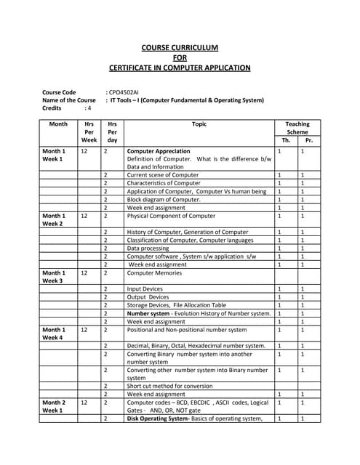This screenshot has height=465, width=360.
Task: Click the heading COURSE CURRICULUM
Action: click(180, 47)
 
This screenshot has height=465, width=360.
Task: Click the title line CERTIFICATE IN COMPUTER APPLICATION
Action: click(180, 68)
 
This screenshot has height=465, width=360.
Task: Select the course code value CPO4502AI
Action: click(124, 92)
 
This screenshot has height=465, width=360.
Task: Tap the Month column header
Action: click(58, 124)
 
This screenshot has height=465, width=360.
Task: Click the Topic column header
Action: click(199, 124)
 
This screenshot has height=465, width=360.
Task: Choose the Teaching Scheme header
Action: click(297, 129)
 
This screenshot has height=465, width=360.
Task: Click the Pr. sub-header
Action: click(309, 139)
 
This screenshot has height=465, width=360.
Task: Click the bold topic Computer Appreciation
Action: click(159, 151)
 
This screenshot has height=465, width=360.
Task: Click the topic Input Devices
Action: click(145, 289)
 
